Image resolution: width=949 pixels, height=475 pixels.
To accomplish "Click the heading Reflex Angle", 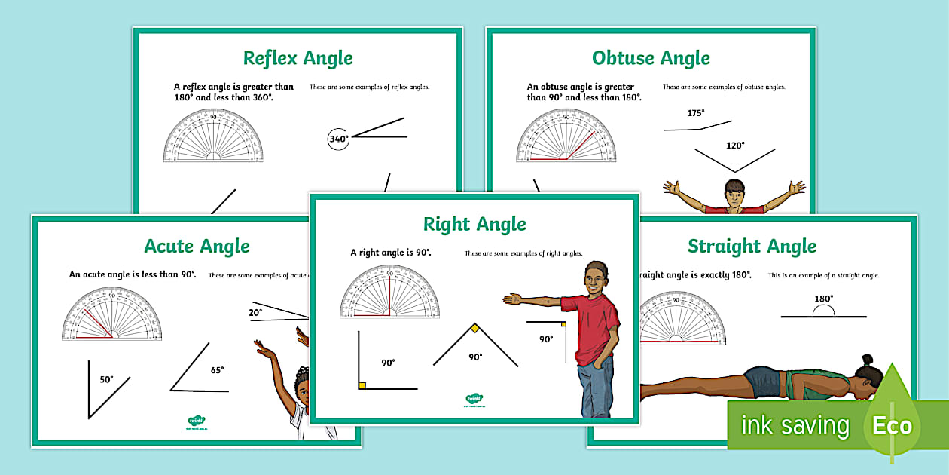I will click(298, 58).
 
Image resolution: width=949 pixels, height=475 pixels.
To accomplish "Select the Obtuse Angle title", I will click(651, 58).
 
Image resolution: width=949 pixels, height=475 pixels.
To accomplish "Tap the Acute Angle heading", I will click(197, 246).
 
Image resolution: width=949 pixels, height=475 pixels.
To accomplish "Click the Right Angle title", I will click(474, 224).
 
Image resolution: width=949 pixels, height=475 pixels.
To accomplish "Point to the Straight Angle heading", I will click(752, 246).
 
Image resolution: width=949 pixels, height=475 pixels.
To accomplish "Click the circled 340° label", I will click(339, 139).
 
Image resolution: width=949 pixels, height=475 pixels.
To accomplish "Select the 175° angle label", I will click(695, 113).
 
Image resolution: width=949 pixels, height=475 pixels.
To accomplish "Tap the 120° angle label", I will click(734, 146).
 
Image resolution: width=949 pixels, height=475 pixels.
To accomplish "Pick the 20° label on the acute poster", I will click(255, 311).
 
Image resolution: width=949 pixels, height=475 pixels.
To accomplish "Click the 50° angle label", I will click(106, 379).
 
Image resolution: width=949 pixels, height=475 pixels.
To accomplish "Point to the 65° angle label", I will click(217, 369).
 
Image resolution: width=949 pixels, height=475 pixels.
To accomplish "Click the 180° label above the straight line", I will click(823, 299).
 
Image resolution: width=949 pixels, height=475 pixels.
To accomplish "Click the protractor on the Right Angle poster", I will click(389, 291).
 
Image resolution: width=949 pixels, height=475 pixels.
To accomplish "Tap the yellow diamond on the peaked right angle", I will click(475, 328).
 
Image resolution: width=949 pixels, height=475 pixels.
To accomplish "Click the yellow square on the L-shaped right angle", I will click(362, 385).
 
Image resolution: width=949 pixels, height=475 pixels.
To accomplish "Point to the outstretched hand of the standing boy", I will click(513, 299).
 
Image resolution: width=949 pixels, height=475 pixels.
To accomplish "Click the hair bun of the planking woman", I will click(867, 360).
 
